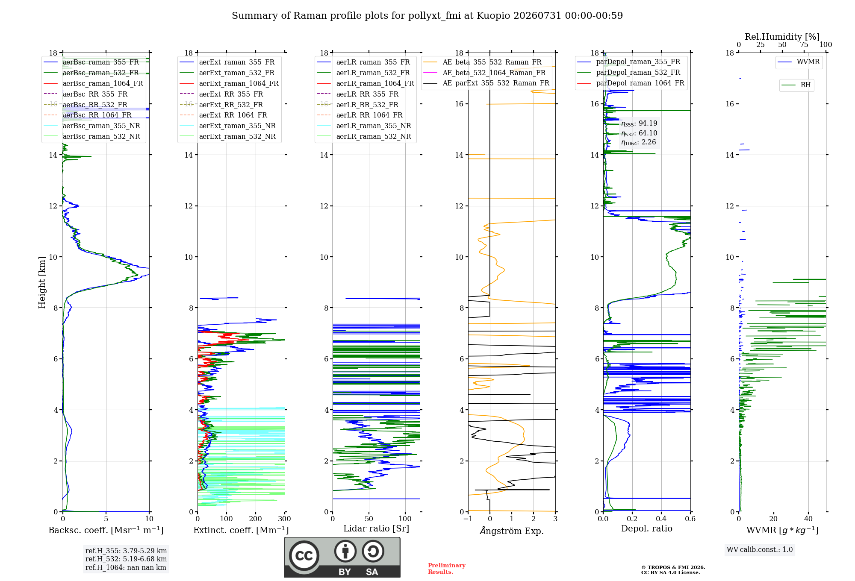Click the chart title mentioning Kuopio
pos(427,16)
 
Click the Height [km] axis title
pos(42,282)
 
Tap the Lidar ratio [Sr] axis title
pos(376,528)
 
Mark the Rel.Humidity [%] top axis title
pos(782,37)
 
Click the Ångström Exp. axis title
pos(512,531)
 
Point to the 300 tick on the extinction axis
pos(284,519)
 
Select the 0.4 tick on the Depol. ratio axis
pos(661,519)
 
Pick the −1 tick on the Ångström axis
pos(468,519)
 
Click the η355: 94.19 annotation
pos(639,123)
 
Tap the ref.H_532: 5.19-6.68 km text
pos(126,559)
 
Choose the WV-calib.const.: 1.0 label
pos(760,549)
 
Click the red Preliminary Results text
pos(447,568)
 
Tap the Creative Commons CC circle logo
pos(304,555)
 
